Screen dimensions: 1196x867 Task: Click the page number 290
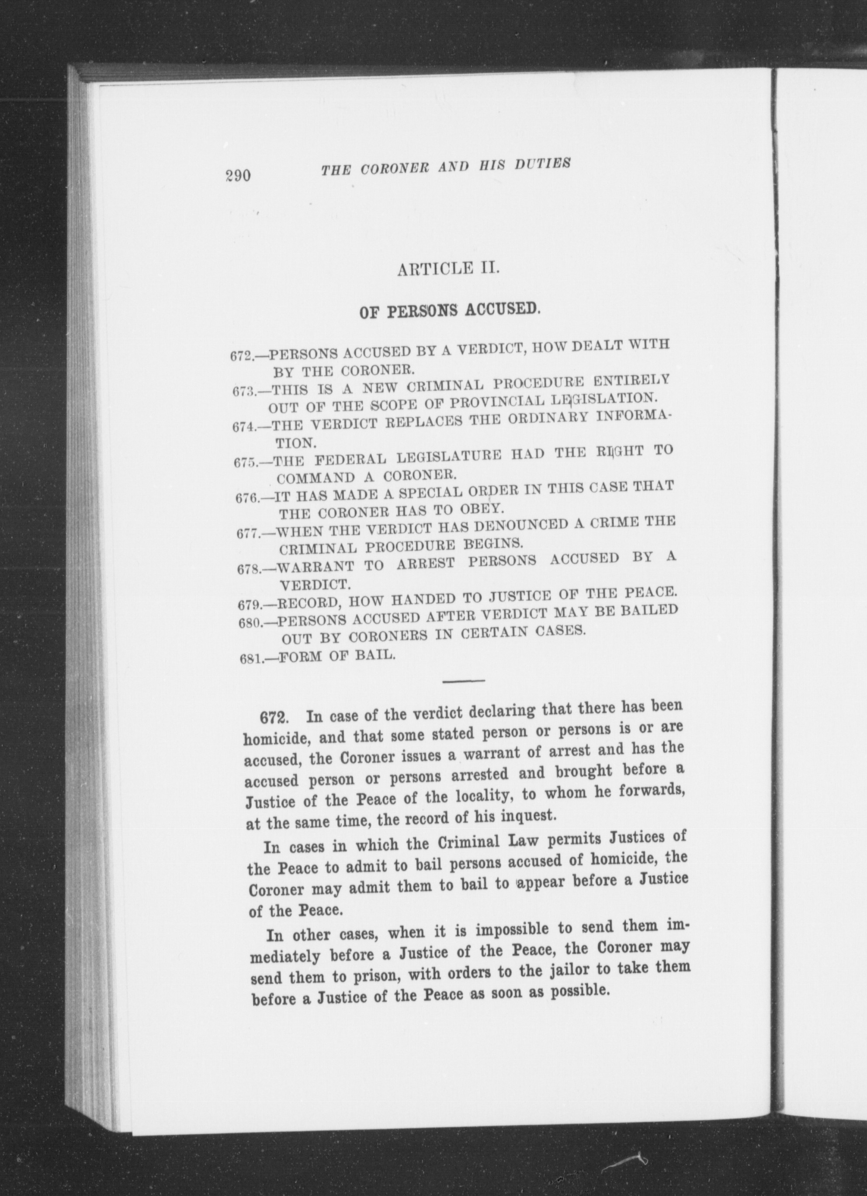click(238, 175)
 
